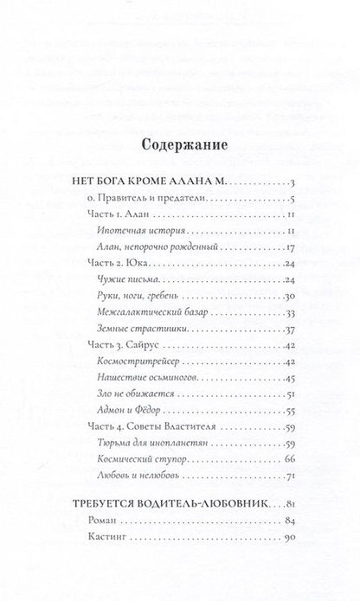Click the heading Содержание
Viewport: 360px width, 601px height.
(180, 146)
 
